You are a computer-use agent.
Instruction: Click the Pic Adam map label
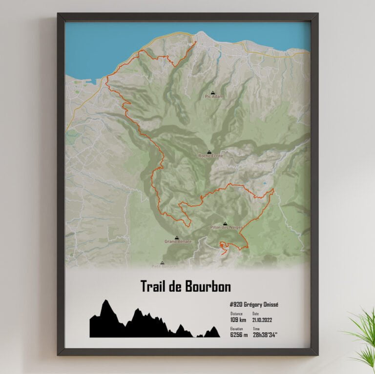tap(214, 97)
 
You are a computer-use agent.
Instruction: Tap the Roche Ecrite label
tap(210, 156)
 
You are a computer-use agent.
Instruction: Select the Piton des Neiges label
tap(226, 228)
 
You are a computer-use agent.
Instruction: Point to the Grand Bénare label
tap(178, 241)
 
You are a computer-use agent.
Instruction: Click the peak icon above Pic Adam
tap(212, 91)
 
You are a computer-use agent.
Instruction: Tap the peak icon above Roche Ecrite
tap(209, 151)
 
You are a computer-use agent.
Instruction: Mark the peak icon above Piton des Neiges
tap(225, 223)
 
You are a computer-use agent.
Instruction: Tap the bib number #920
tap(237, 305)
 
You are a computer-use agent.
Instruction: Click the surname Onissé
tap(269, 305)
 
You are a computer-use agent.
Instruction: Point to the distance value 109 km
tap(238, 320)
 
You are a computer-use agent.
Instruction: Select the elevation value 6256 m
tap(239, 335)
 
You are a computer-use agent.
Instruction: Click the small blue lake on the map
tap(264, 183)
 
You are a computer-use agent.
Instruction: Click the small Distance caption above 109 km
tap(236, 314)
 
